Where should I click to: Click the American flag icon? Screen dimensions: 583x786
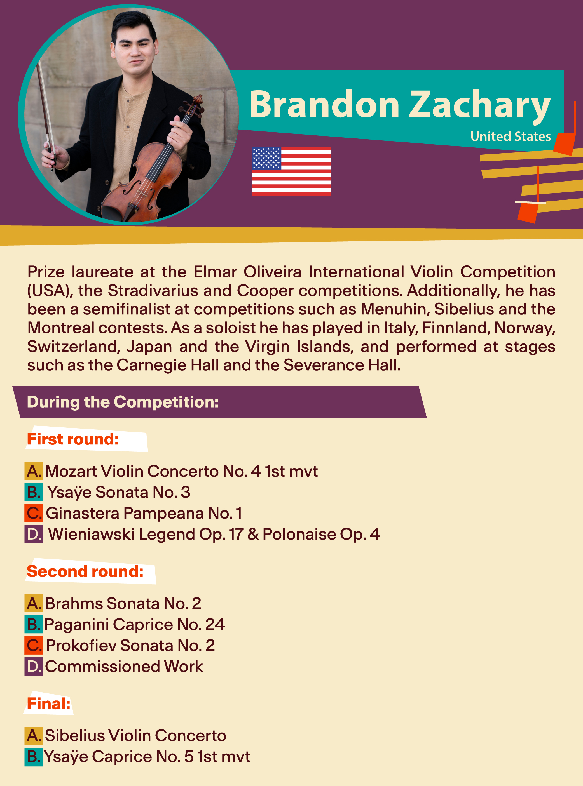click(291, 171)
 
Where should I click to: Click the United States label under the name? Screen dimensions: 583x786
click(511, 137)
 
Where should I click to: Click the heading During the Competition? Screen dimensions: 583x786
click(123, 402)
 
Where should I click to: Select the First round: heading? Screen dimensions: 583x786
click(73, 439)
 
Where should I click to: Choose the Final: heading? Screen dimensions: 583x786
click(49, 704)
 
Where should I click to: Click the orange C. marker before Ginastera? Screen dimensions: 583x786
click(34, 513)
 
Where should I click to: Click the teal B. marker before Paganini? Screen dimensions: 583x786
click(34, 624)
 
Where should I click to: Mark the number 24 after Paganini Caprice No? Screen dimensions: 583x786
click(215, 625)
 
